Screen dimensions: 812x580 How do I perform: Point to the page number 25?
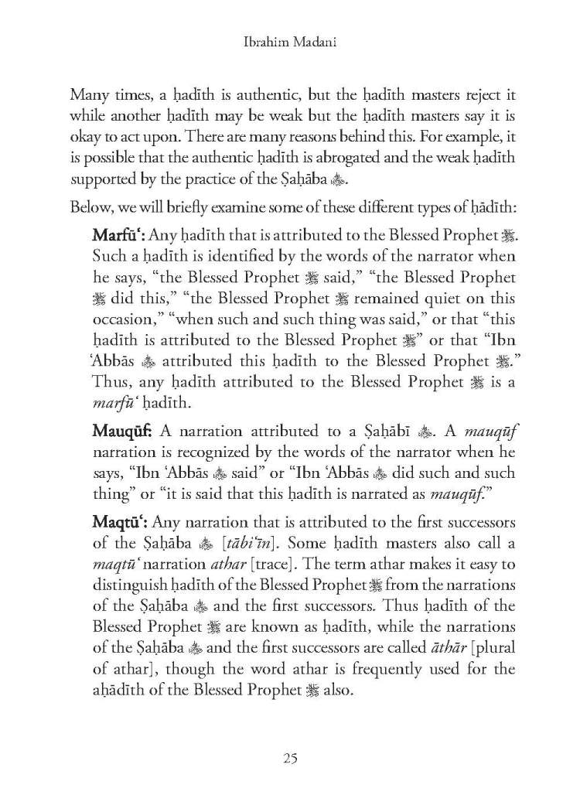289,756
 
